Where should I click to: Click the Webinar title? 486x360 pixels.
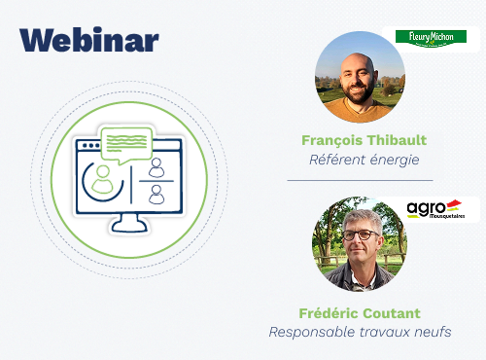point(88,40)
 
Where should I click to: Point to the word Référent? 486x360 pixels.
point(332,160)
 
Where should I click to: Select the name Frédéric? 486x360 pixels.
point(329,313)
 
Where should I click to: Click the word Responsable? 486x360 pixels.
point(310,333)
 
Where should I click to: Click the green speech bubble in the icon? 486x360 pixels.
point(126,143)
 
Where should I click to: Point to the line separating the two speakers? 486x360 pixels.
point(359,181)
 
